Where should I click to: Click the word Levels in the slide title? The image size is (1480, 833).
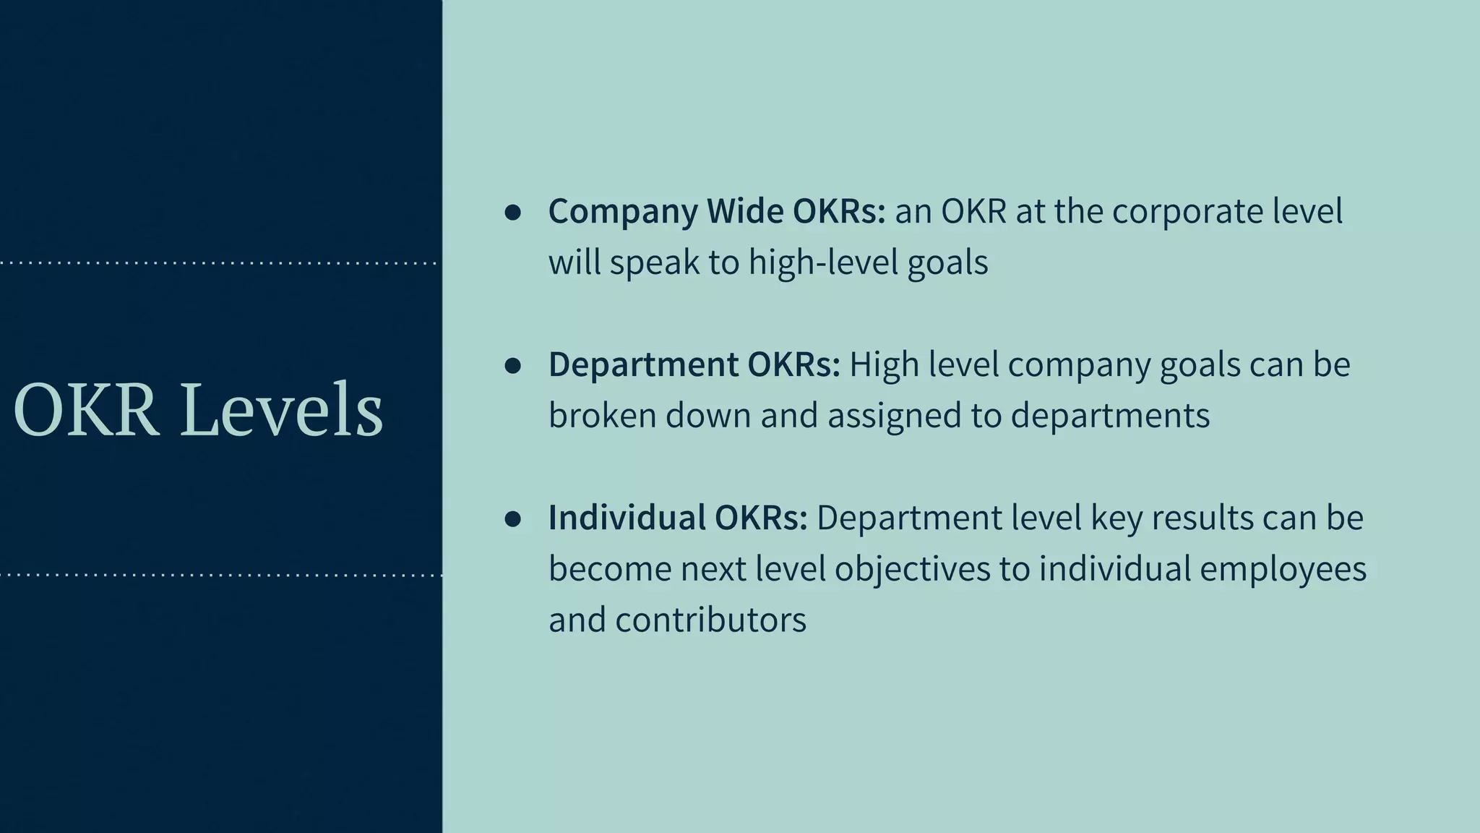click(x=281, y=411)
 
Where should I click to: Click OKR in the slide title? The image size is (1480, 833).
click(x=86, y=411)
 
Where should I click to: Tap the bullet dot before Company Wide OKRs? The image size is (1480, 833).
click(x=513, y=212)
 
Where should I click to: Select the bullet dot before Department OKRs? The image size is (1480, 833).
click(x=513, y=365)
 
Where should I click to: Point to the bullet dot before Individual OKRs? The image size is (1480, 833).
click(x=513, y=518)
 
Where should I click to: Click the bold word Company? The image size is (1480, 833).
click(x=623, y=212)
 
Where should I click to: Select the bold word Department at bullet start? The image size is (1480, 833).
click(x=643, y=364)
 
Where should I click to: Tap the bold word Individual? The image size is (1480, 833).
click(x=627, y=518)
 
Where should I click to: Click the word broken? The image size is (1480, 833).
click(x=602, y=415)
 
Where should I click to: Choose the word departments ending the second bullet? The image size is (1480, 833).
click(x=1110, y=416)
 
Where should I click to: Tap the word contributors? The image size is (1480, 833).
click(x=710, y=620)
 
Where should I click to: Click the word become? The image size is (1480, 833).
click(x=610, y=569)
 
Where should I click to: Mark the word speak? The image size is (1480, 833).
click(x=654, y=262)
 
